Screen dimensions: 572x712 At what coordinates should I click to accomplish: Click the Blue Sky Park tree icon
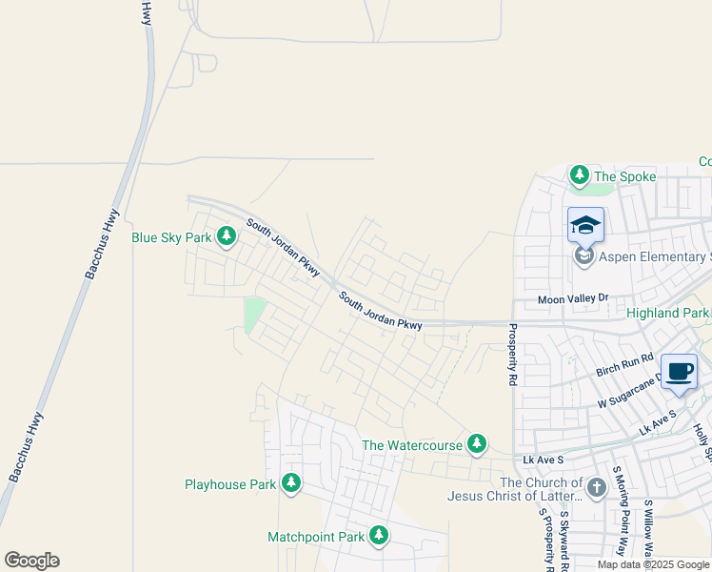click(226, 235)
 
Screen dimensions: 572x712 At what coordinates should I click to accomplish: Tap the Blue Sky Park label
click(171, 237)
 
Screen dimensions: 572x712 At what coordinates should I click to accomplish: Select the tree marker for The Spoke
click(579, 175)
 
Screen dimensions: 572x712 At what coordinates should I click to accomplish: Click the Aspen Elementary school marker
click(583, 256)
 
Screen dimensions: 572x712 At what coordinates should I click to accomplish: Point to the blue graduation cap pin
click(585, 226)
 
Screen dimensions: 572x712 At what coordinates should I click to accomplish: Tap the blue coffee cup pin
click(678, 371)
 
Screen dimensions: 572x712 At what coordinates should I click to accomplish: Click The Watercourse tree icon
click(477, 444)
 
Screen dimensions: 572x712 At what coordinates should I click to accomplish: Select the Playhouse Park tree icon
click(291, 484)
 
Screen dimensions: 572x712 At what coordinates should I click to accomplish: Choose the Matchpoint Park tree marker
click(379, 536)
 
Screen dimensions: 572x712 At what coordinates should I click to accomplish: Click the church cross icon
click(597, 488)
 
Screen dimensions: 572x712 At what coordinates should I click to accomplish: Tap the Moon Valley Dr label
click(573, 298)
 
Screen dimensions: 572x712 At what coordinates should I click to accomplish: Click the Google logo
click(31, 561)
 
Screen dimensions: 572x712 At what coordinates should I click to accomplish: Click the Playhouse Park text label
click(230, 484)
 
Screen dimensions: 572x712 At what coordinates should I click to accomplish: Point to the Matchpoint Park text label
click(316, 537)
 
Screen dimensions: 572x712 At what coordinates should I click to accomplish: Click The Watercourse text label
click(411, 445)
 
